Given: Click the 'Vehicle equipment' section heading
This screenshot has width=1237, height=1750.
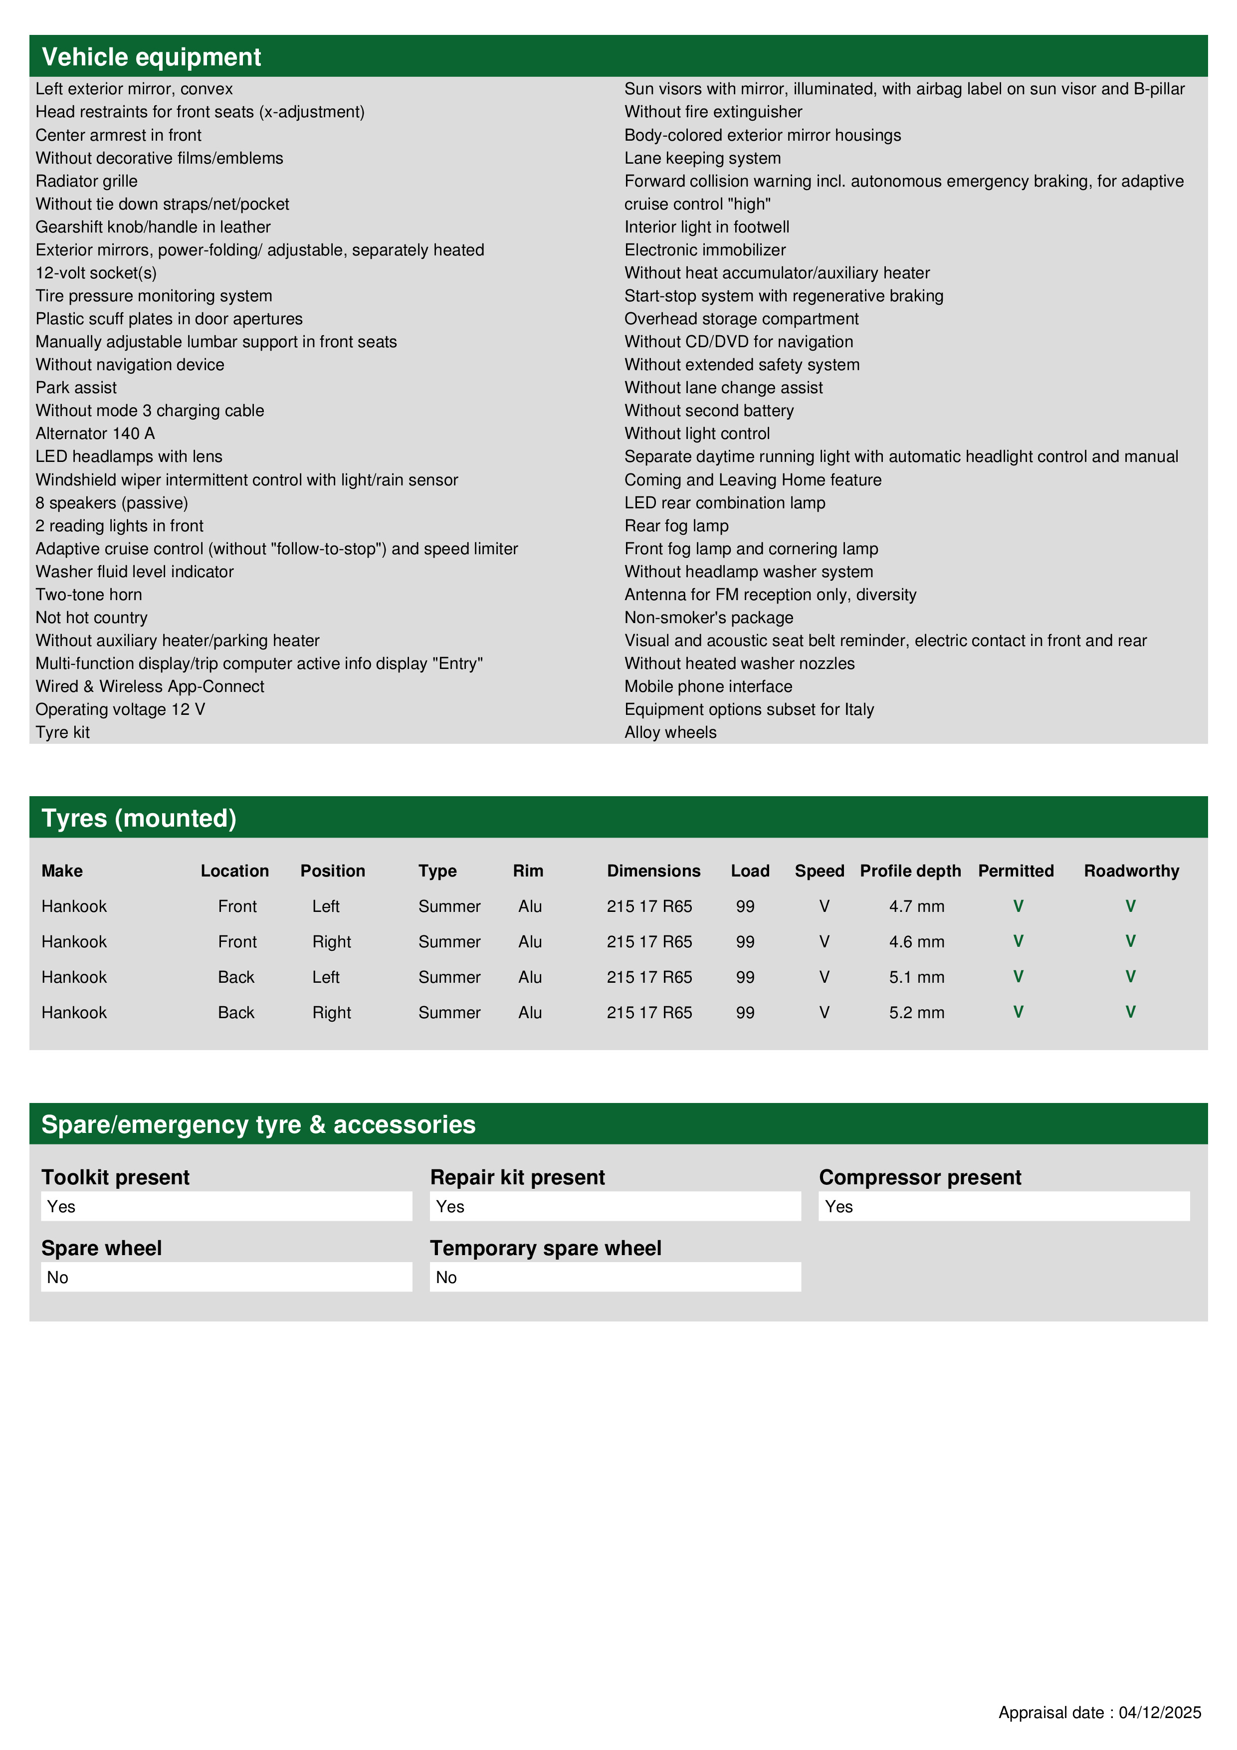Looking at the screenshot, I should (x=151, y=57).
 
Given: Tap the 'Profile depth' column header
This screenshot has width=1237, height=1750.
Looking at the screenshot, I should (x=910, y=871).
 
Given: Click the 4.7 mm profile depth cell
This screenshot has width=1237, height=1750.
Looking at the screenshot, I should (x=916, y=906).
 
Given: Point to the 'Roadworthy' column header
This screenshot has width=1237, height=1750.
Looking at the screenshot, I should (x=1131, y=871).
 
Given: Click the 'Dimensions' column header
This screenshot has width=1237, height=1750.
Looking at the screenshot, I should (x=653, y=871).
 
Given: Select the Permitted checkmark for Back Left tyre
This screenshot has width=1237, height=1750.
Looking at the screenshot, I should (x=1018, y=976).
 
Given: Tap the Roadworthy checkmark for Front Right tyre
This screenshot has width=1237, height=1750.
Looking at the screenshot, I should (x=1130, y=941).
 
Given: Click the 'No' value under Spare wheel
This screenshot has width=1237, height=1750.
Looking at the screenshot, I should (x=225, y=1278).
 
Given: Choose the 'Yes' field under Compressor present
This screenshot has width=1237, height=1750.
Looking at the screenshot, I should (x=1004, y=1207).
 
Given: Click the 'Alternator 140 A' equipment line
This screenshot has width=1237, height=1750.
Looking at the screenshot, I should (x=95, y=434).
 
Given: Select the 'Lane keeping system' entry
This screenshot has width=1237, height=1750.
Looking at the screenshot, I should (x=702, y=159).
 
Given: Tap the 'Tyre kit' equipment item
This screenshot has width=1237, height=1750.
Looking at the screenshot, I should (x=62, y=732).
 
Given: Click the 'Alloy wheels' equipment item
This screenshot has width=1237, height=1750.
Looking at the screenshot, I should (x=670, y=732).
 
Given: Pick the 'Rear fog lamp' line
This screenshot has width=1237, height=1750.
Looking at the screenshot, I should (x=676, y=526).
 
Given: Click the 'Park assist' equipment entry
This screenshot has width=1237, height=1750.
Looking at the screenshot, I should (x=76, y=388).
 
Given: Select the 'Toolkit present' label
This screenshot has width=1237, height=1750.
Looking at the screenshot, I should (x=115, y=1178).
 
